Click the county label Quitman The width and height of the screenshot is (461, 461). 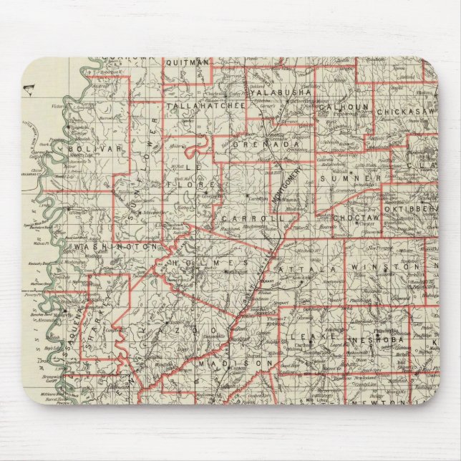pyautogui.click(x=187, y=62)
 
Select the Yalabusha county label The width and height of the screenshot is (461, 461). pyautogui.click(x=280, y=92)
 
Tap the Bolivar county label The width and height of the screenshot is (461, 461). pyautogui.click(x=90, y=148)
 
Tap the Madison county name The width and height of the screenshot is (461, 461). pyautogui.click(x=234, y=364)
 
